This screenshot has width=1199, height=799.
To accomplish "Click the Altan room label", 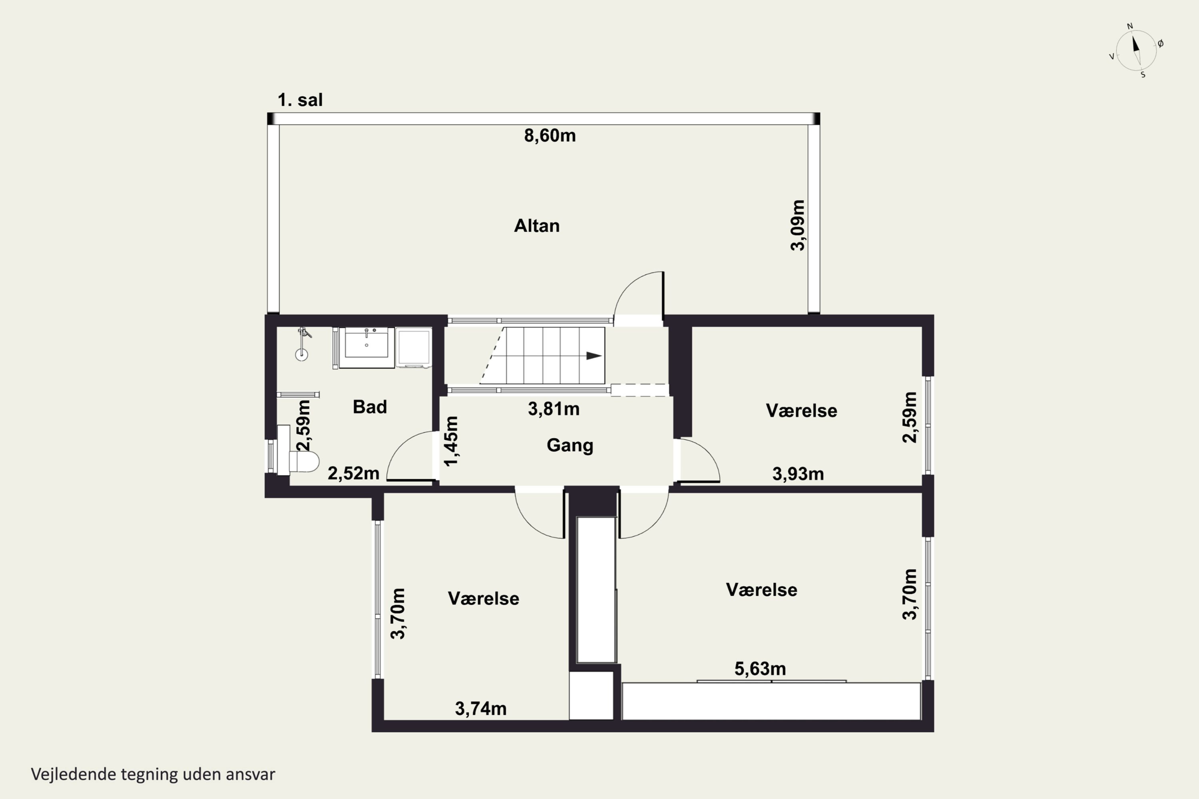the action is pyautogui.click(x=537, y=226).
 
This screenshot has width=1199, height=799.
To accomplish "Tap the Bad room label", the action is pyautogui.click(x=370, y=407).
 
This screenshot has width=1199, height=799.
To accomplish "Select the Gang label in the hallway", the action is pyautogui.click(x=570, y=445).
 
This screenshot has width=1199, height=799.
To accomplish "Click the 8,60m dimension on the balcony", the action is pyautogui.click(x=550, y=135).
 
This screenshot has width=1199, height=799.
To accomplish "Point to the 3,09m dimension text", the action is pyautogui.click(x=798, y=225).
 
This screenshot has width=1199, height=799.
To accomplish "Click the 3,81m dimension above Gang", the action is pyautogui.click(x=554, y=409).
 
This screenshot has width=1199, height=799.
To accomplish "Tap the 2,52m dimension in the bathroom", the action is pyautogui.click(x=353, y=473).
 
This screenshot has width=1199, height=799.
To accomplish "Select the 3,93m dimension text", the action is pyautogui.click(x=798, y=474).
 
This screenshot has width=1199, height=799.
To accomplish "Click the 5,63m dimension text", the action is pyautogui.click(x=760, y=668).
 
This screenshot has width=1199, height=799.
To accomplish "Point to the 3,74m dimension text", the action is pyautogui.click(x=481, y=708).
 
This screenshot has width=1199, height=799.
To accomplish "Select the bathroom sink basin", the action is pyautogui.click(x=366, y=343).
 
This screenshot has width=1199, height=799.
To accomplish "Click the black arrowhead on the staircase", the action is pyautogui.click(x=594, y=356).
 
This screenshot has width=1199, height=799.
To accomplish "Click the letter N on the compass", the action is pyautogui.click(x=1130, y=26).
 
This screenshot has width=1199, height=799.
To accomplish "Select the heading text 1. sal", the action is pyautogui.click(x=300, y=100).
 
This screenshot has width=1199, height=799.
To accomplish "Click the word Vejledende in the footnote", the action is pyautogui.click(x=74, y=775).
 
